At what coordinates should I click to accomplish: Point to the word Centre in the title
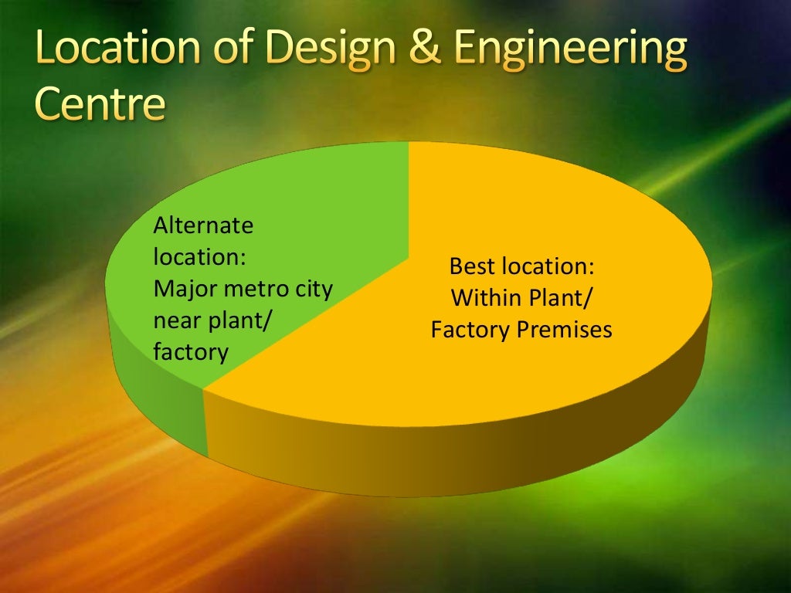pos(100,106)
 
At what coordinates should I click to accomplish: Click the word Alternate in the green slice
pos(203,225)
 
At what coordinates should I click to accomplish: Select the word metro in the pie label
pos(250,290)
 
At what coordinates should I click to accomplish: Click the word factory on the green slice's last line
pos(191,353)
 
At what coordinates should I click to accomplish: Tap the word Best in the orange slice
pos(472,266)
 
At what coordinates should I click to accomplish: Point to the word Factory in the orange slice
pos(470,330)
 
